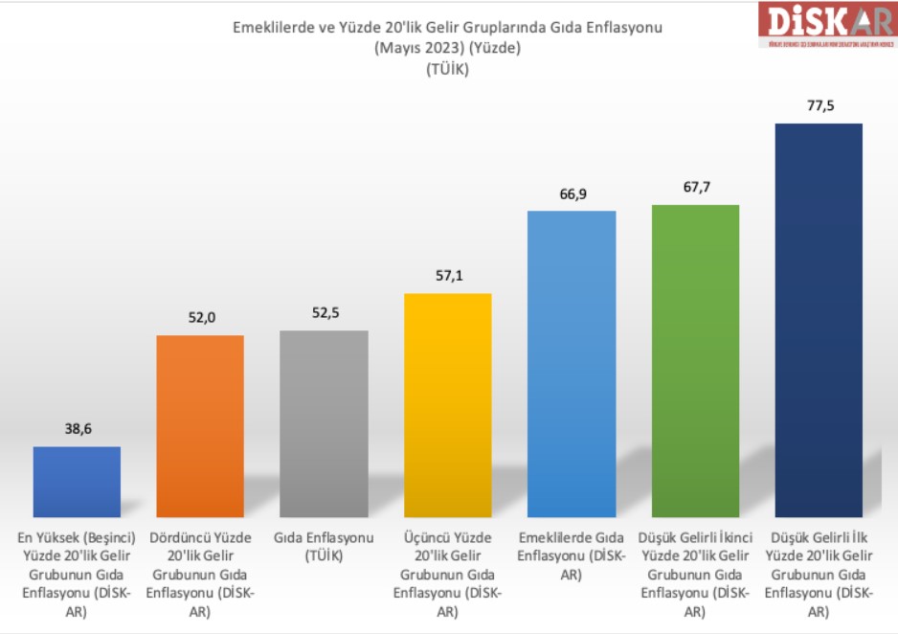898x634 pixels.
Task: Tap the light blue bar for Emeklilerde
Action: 572,365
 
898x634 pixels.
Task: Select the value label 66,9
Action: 572,194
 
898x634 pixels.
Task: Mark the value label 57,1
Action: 448,276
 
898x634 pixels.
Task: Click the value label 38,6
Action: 77,430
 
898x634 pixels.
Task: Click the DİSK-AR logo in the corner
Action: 826,25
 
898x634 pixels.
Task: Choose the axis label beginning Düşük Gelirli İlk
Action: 819,574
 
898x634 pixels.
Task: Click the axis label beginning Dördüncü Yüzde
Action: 200,574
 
